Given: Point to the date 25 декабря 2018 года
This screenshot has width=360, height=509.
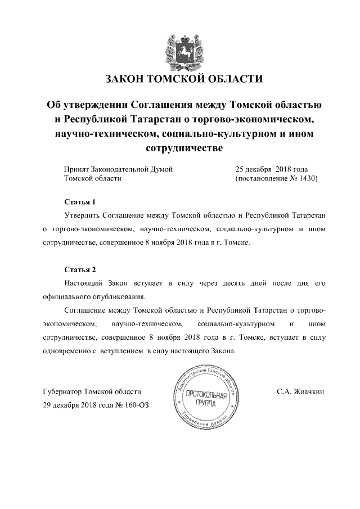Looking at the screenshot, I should tap(271, 169).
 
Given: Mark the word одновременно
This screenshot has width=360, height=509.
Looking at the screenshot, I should tap(66, 351).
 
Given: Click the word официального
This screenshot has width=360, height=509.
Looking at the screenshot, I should tap(66, 296).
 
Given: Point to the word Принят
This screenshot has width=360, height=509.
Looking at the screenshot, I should tap(76, 169).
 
